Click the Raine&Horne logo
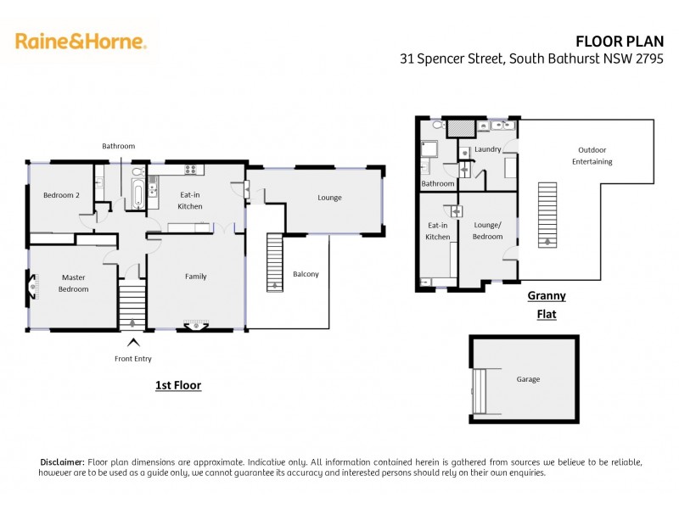81,41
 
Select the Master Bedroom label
74,283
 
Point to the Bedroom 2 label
62,195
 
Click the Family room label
195,277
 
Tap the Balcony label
306,274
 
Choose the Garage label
528,379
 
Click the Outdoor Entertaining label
592,155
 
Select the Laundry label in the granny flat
487,149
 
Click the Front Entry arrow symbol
132,344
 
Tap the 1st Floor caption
177,385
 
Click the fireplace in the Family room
196,324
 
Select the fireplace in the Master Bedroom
32,287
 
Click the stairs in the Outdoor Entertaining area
548,211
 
